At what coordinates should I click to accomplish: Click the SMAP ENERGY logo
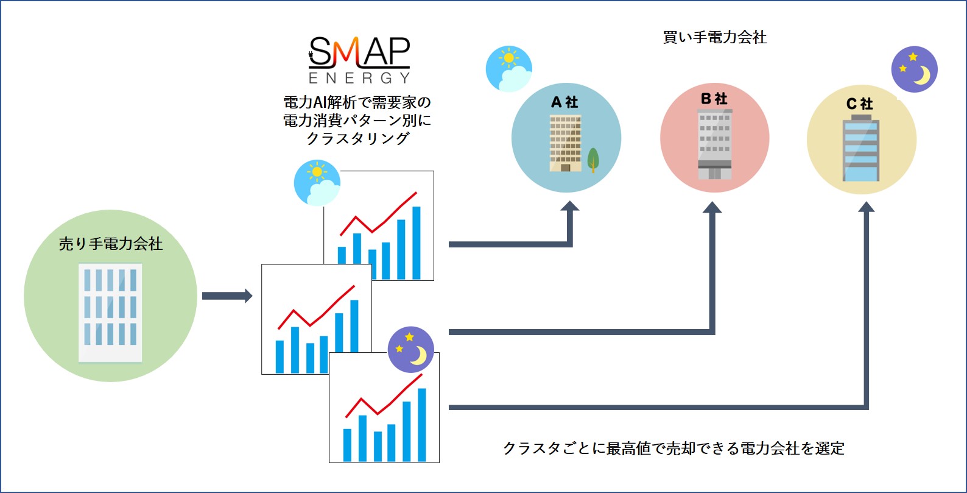point(359,60)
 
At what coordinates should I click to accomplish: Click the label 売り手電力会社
point(111,244)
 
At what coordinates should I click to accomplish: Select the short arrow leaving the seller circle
point(227,296)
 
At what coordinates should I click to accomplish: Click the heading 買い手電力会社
point(714,37)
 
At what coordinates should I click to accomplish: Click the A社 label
point(564,102)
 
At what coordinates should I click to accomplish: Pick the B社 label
point(714,98)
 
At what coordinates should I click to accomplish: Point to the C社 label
point(860,104)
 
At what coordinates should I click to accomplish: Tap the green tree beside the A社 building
point(593,160)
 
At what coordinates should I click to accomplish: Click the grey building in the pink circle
point(714,144)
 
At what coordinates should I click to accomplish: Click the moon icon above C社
point(914,69)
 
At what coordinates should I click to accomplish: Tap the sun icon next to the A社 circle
point(509,69)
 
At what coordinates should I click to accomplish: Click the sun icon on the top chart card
point(317,182)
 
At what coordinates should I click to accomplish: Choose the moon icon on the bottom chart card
point(410,350)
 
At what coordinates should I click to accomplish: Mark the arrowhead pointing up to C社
point(866,207)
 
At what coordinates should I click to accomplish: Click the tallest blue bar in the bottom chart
point(421,424)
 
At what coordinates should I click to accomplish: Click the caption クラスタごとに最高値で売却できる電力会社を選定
point(673,449)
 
